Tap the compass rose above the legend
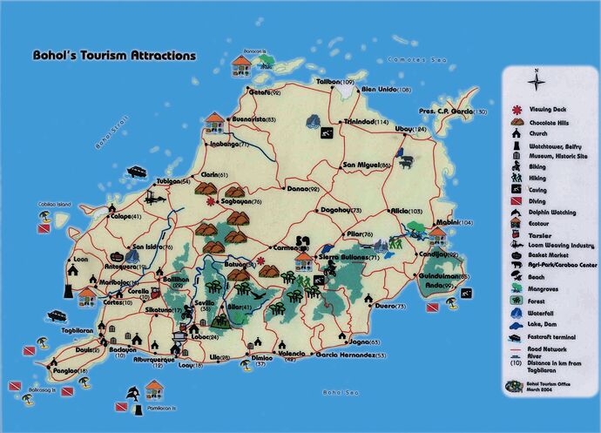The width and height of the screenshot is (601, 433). click(x=538, y=81)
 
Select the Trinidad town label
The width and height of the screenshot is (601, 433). click(x=366, y=122)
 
